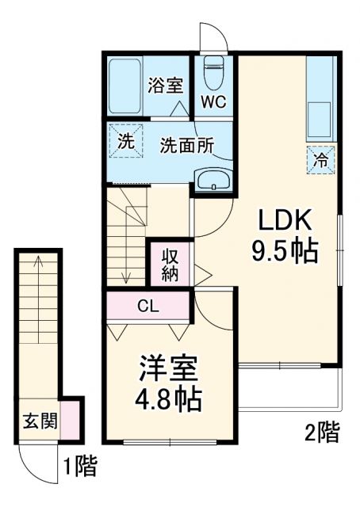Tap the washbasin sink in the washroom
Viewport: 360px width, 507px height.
(x=213, y=180)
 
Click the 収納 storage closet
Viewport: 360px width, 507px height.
(x=170, y=264)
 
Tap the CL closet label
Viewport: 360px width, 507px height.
(x=147, y=305)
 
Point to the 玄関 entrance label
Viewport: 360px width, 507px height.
(x=40, y=421)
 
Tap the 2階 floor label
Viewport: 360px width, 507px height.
(x=321, y=432)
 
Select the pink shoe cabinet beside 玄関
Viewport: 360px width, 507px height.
(x=71, y=421)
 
